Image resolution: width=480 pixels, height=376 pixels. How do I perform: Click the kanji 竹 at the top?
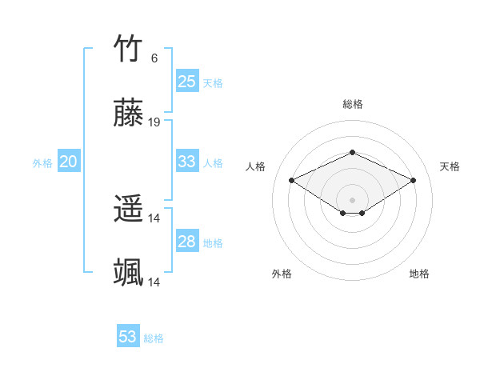click(x=129, y=50)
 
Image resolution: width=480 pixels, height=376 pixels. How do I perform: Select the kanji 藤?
click(x=129, y=114)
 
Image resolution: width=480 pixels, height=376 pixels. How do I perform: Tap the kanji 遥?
click(x=129, y=210)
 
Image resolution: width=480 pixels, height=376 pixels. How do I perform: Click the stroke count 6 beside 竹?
click(x=154, y=58)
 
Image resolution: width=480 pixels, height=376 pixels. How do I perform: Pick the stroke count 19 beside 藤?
click(x=154, y=122)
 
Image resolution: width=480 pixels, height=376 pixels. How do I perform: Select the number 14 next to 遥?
click(x=154, y=218)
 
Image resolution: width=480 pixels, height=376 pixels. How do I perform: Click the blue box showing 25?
click(x=186, y=82)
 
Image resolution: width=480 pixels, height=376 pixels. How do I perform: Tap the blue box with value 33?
click(x=186, y=162)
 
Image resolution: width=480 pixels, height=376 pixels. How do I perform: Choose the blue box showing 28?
click(x=186, y=242)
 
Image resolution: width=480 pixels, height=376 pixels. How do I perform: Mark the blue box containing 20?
click(x=68, y=162)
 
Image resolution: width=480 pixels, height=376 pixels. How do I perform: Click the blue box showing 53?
click(x=127, y=337)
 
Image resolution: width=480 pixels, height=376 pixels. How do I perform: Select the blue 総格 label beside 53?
click(x=154, y=338)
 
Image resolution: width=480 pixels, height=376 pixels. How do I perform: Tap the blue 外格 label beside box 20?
click(x=42, y=163)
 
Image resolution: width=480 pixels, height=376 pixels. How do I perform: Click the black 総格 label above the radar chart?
click(x=352, y=104)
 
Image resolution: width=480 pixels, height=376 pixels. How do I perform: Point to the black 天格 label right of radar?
click(x=450, y=166)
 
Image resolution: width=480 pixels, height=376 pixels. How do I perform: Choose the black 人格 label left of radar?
click(x=256, y=166)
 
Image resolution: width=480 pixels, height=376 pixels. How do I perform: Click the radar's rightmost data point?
click(x=413, y=181)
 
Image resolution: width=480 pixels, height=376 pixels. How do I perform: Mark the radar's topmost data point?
click(x=352, y=152)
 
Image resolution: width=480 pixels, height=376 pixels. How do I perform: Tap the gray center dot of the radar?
click(x=352, y=199)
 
